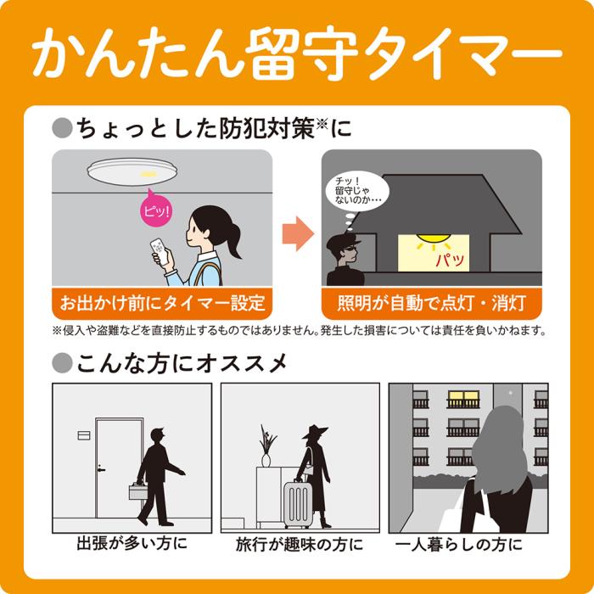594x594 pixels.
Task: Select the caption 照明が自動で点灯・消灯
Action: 432,302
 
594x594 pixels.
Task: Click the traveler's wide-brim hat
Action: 315,429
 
